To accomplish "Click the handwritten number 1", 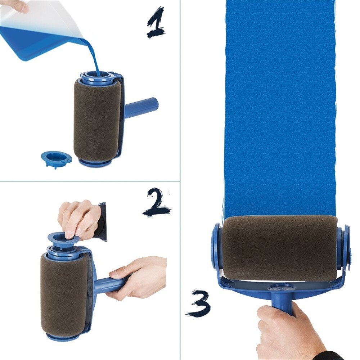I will click(156, 23).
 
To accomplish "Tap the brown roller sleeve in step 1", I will click(96, 119).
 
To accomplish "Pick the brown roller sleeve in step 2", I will click(64, 293).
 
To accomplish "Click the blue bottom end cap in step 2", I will click(63, 337).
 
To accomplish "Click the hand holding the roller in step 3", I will click(284, 331).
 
